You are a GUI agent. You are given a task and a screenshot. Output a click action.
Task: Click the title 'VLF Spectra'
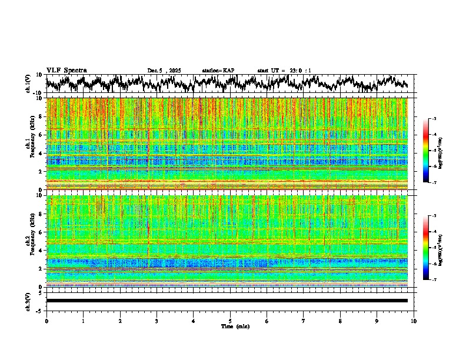tap(66, 70)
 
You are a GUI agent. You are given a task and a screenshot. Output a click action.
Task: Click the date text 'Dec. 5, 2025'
tap(164, 71)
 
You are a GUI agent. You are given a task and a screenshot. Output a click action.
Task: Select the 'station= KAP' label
tap(218, 71)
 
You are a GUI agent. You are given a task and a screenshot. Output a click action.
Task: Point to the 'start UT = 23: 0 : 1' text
tap(284, 71)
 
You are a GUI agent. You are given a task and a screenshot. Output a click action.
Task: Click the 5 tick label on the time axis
tap(230, 321)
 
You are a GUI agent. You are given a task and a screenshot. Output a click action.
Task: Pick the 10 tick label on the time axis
tap(414, 321)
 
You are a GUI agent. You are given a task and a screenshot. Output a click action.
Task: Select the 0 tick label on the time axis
tap(46, 321)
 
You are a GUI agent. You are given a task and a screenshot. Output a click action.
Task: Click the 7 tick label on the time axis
tap(304, 321)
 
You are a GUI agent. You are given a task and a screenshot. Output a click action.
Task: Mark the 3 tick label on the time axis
tap(157, 321)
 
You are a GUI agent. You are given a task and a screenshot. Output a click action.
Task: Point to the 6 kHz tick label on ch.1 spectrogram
tap(41, 135)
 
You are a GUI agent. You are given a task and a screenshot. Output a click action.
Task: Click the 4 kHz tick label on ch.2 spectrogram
tap(41, 250)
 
